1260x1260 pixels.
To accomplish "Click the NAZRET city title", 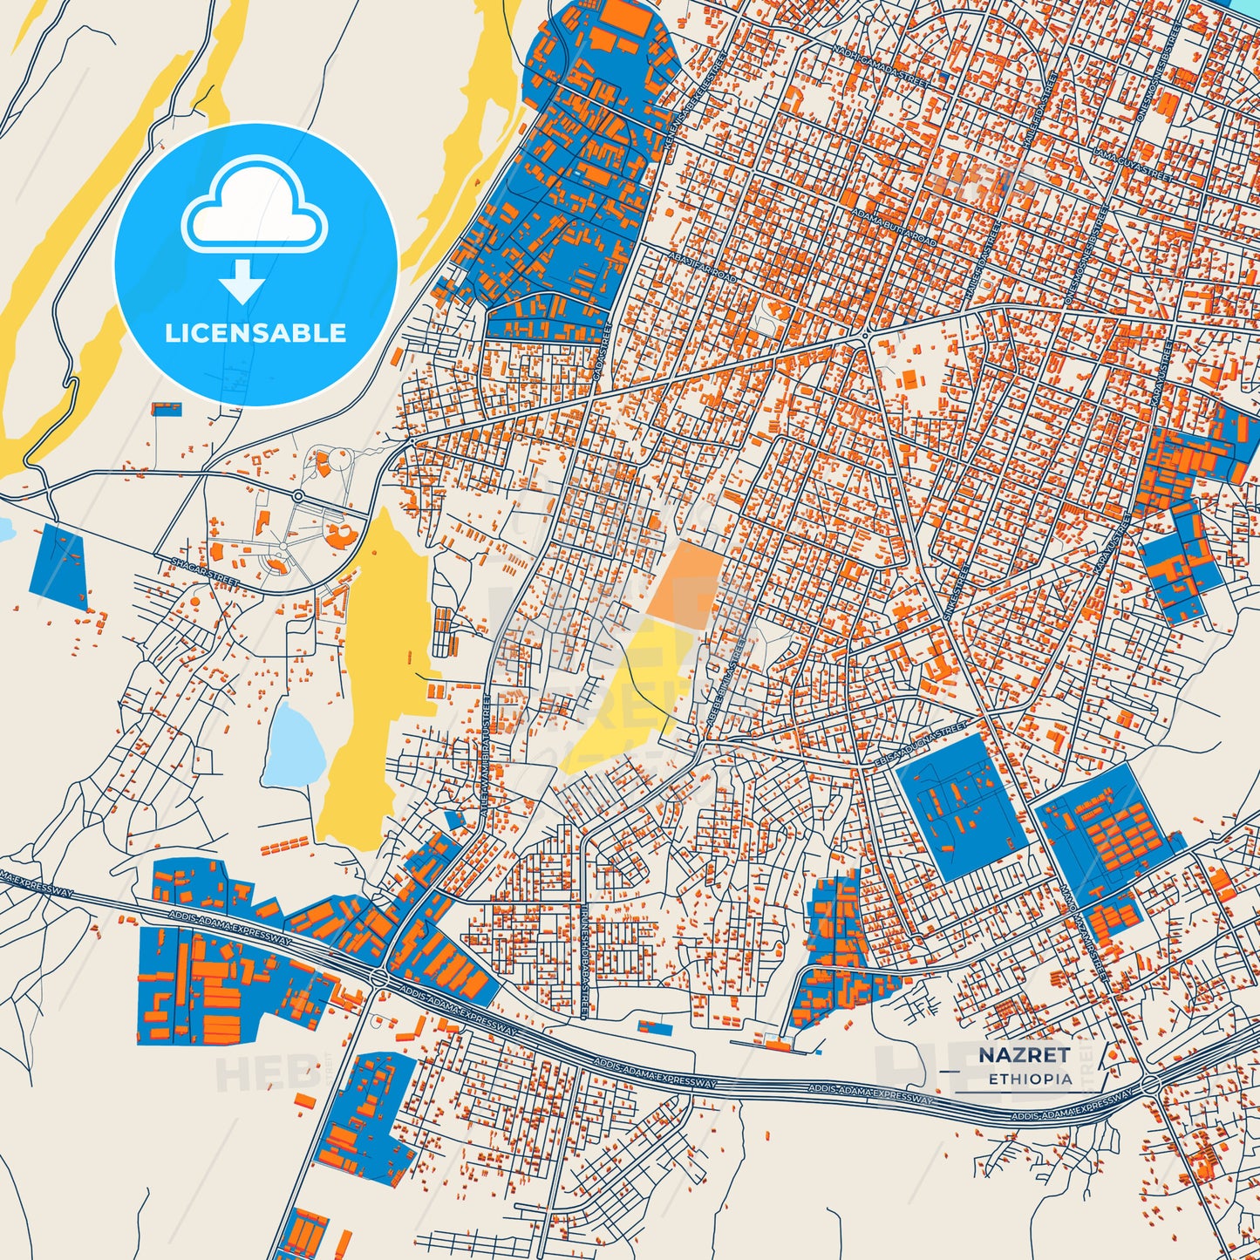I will [x=1024, y=1055].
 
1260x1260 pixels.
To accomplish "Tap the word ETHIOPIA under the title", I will [x=1030, y=1079].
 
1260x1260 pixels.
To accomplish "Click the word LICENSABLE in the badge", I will [x=255, y=333].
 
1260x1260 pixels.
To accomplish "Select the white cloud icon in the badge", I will [x=254, y=207].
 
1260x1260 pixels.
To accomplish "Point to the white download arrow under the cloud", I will [x=242, y=281].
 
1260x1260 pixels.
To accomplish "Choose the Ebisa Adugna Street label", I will [x=921, y=744].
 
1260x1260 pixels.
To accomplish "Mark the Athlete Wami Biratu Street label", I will [x=486, y=755].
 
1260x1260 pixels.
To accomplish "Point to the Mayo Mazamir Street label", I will [x=1082, y=930].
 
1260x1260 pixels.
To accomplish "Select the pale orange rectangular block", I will [x=686, y=583].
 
